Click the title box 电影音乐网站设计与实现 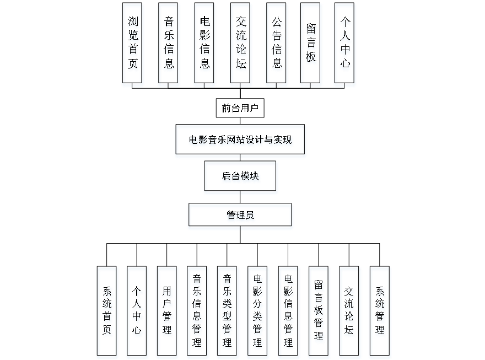pyautogui.click(x=240, y=141)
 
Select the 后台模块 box pyautogui.click(x=241, y=178)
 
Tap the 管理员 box pyautogui.click(x=240, y=217)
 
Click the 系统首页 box pyautogui.click(x=107, y=313)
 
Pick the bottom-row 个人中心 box pyautogui.click(x=137, y=313)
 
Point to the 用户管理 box pyautogui.click(x=167, y=313)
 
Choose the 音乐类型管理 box pyautogui.click(x=227, y=313)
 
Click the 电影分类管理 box pyautogui.click(x=257, y=313)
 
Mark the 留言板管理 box pyautogui.click(x=319, y=313)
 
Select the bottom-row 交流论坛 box pyautogui.click(x=350, y=313)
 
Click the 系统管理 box pyautogui.click(x=380, y=313)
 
